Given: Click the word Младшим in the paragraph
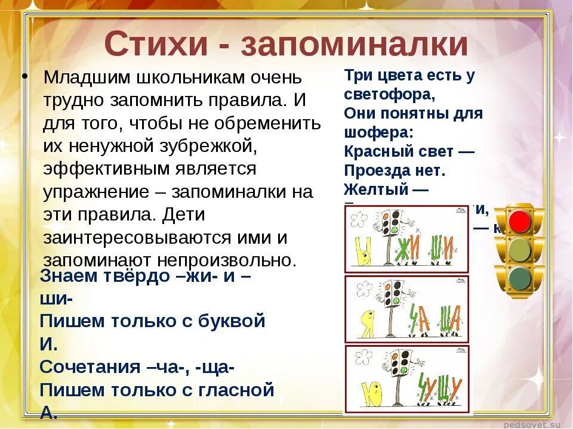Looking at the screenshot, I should [88, 77].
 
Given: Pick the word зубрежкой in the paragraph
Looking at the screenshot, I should [201, 146].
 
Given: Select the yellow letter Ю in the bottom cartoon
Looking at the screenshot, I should [373, 393].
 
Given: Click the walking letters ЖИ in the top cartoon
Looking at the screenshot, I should [408, 247].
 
